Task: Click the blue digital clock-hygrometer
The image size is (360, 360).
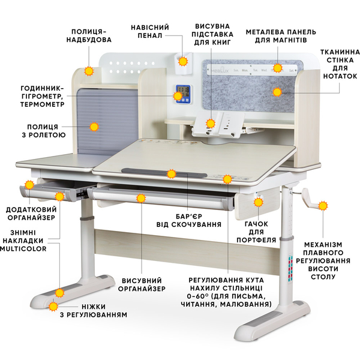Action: [x=183, y=94]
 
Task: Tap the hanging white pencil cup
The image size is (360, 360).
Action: [x=184, y=64]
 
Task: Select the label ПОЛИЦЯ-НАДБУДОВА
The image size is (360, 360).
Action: [x=89, y=35]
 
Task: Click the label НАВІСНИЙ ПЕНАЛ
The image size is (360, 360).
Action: [x=150, y=31]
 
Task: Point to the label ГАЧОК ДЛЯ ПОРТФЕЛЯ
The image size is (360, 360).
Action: [x=256, y=232]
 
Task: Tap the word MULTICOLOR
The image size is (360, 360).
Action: [x=23, y=248]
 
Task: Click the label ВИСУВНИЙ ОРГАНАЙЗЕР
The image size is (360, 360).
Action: [x=142, y=284]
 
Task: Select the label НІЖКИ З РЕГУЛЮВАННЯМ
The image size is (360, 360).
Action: [x=94, y=311]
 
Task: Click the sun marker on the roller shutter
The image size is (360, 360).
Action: [x=94, y=127]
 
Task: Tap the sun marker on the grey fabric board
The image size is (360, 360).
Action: [x=277, y=92]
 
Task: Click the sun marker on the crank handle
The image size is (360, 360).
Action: [x=323, y=206]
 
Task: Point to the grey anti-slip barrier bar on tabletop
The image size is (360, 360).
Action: [x=164, y=173]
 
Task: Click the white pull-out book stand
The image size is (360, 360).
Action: [x=218, y=124]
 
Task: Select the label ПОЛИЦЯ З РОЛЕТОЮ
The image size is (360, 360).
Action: [x=44, y=131]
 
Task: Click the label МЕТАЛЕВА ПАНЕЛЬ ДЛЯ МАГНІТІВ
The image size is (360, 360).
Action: [x=281, y=36]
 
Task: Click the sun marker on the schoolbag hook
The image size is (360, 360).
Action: [x=258, y=202]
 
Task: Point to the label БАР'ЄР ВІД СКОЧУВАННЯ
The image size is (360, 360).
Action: [x=189, y=220]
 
